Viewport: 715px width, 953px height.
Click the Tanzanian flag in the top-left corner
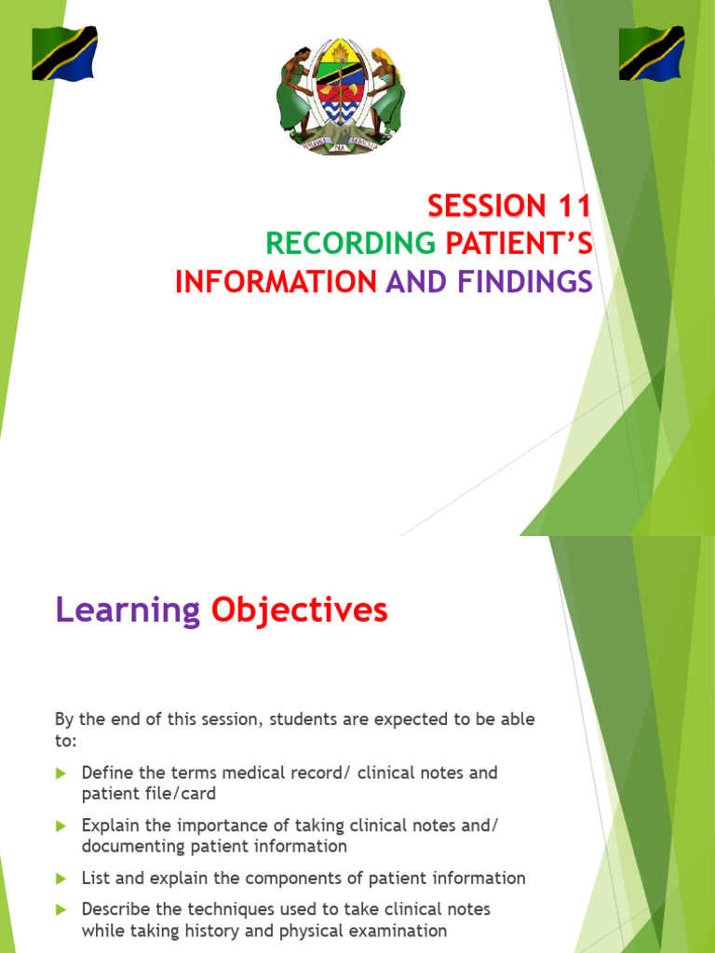click(x=64, y=53)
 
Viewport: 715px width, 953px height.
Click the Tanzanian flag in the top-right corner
click(x=652, y=53)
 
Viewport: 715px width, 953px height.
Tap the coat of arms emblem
click(x=341, y=96)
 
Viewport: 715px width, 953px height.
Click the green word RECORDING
click(x=351, y=243)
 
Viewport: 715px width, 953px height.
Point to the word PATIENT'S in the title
click(x=519, y=243)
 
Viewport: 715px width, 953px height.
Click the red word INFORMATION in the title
click(x=276, y=280)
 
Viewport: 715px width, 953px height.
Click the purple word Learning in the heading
click(x=128, y=611)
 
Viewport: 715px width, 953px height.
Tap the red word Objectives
click(x=299, y=611)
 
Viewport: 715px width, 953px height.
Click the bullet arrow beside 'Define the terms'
click(x=61, y=773)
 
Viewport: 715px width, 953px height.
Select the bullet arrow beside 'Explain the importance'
click(x=61, y=825)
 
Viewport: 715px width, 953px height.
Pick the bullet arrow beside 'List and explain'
click(x=61, y=879)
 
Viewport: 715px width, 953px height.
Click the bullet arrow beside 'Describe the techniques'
click(x=61, y=909)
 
